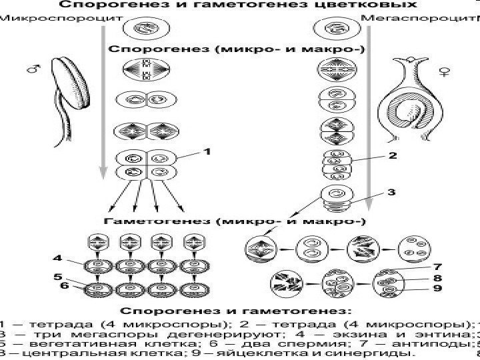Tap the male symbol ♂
(x=31, y=68)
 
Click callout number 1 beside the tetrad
(x=207, y=152)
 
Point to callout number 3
(x=392, y=192)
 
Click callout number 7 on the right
(x=437, y=267)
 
